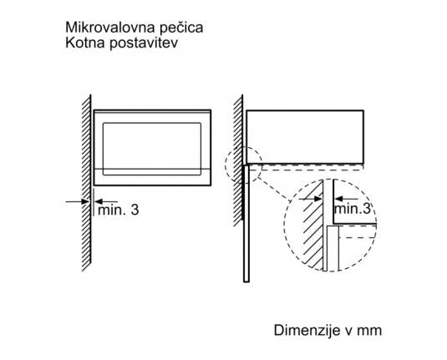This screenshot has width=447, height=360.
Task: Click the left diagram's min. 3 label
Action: (x=119, y=210)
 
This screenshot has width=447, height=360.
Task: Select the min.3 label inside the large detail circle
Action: (x=353, y=208)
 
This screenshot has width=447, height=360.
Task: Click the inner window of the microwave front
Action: (x=152, y=149)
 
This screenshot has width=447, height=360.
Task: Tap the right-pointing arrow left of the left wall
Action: (x=77, y=201)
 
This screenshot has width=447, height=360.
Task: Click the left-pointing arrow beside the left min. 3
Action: (x=105, y=201)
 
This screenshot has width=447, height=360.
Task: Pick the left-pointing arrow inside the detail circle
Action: (x=346, y=199)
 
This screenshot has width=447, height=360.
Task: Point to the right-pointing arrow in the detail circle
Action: (x=311, y=199)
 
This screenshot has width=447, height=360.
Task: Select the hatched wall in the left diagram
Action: (x=86, y=182)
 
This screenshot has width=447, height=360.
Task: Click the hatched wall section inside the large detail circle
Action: (x=313, y=226)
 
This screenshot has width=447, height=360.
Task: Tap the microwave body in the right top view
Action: (x=305, y=137)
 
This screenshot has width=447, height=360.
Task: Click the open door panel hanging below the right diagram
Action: (x=246, y=224)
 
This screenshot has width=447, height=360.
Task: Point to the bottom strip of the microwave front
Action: (x=152, y=177)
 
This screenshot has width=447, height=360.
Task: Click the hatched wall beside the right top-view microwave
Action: (x=238, y=160)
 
